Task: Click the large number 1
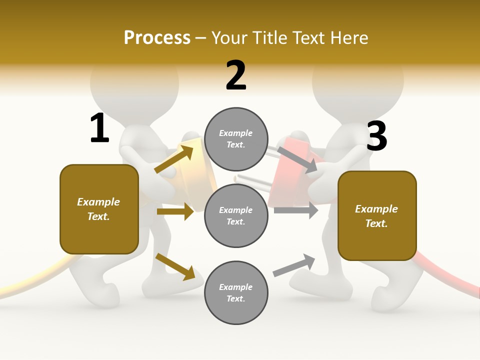pyautogui.click(x=99, y=128)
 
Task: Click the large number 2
pyautogui.click(x=236, y=75)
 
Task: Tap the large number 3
pyautogui.click(x=377, y=136)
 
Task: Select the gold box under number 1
pyautogui.click(x=99, y=209)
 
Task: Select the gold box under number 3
pyautogui.click(x=377, y=216)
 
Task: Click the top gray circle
pyautogui.click(x=236, y=139)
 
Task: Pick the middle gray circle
pyautogui.click(x=236, y=215)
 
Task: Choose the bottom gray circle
pyautogui.click(x=236, y=292)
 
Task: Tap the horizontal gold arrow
pyautogui.click(x=175, y=211)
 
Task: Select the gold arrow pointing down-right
pyautogui.click(x=175, y=266)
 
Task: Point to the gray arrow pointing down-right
pyautogui.click(x=297, y=159)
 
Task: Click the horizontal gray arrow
pyautogui.click(x=296, y=210)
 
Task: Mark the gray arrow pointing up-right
pyautogui.click(x=294, y=265)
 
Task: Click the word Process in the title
pyautogui.click(x=157, y=37)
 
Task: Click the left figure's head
pyautogui.click(x=134, y=82)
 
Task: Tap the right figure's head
pyautogui.click(x=358, y=82)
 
